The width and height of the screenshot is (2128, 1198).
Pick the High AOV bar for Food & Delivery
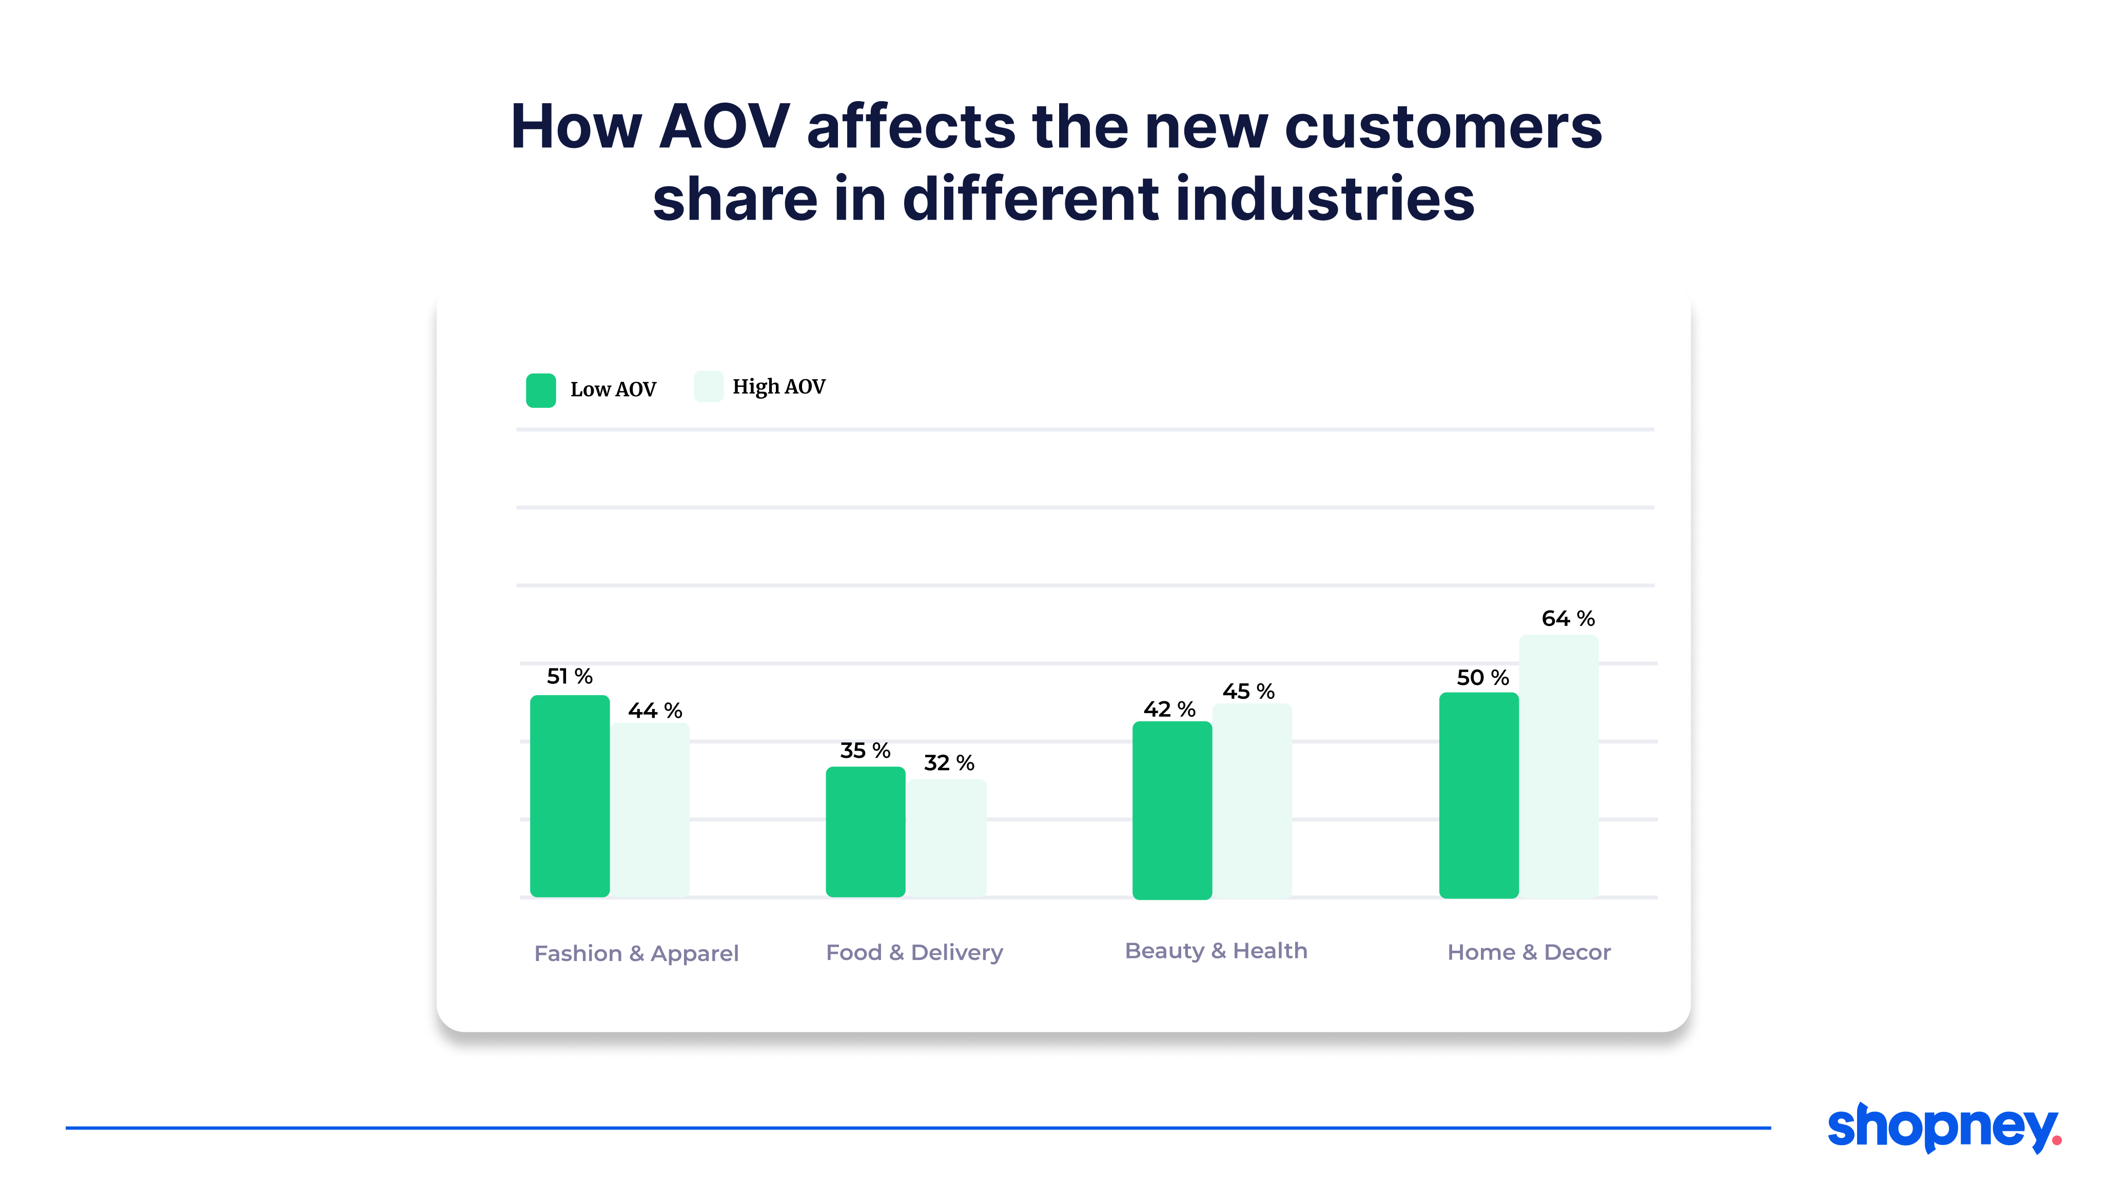(946, 838)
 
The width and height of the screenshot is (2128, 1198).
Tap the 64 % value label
(1567, 619)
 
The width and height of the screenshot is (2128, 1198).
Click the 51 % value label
(569, 677)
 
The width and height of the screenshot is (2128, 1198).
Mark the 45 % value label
(1247, 692)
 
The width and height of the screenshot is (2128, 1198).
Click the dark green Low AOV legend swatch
(541, 390)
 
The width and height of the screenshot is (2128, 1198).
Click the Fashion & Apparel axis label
(636, 953)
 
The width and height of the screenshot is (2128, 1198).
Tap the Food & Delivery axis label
(914, 953)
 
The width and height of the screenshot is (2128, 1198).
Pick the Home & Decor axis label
(1528, 953)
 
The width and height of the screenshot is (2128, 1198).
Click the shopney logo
(1943, 1127)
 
